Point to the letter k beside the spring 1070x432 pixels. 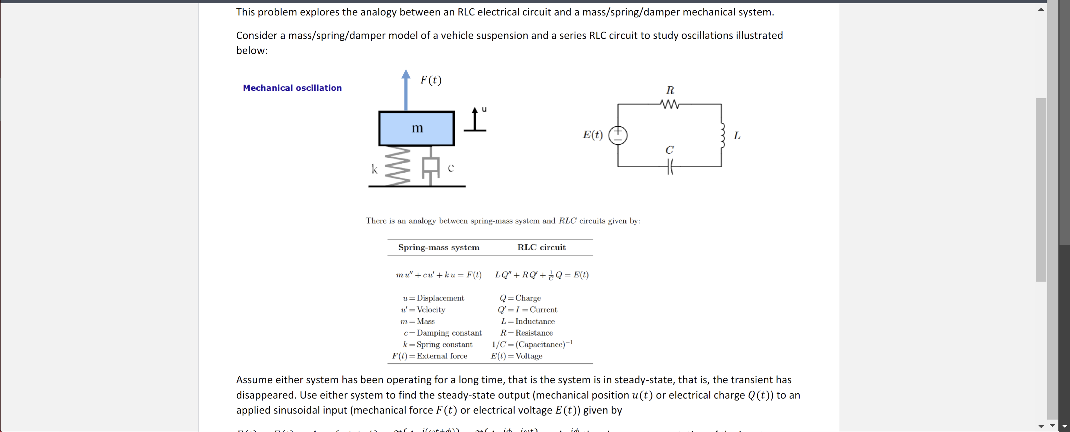374,169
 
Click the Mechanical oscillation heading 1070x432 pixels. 292,88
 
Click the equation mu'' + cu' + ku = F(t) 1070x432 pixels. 439,275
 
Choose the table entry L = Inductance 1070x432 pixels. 528,321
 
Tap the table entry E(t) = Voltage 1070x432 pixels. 516,356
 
